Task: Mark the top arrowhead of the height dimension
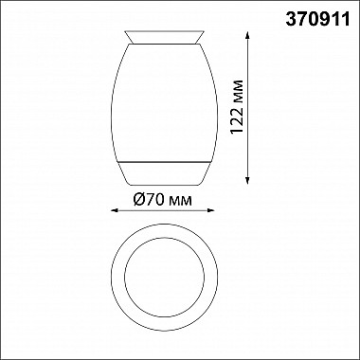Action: coord(249,36)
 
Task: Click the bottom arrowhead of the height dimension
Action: coord(249,179)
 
